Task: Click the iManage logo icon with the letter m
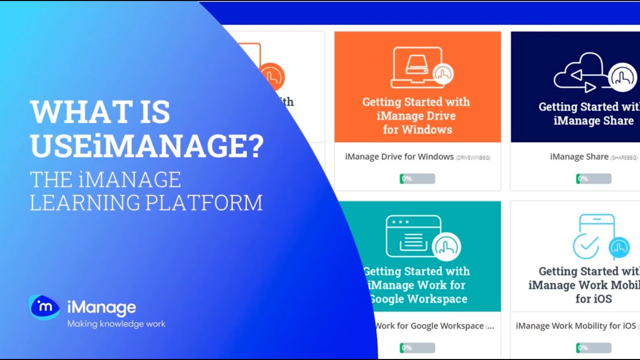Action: pyautogui.click(x=44, y=307)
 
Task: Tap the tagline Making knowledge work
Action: pyautogui.click(x=116, y=324)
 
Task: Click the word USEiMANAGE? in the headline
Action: pyautogui.click(x=146, y=145)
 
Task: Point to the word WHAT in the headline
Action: pyautogui.click(x=73, y=112)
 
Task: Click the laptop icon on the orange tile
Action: pyautogui.click(x=417, y=67)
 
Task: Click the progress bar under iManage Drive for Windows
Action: pyautogui.click(x=417, y=178)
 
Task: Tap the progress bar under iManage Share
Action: pyautogui.click(x=593, y=178)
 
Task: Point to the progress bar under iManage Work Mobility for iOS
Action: pyautogui.click(x=593, y=347)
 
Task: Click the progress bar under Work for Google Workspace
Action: pyautogui.click(x=417, y=347)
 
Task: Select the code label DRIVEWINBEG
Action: pyautogui.click(x=473, y=158)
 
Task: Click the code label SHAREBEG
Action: pyautogui.click(x=624, y=158)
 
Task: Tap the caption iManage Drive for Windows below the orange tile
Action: pyautogui.click(x=399, y=156)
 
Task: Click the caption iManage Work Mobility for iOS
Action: pyautogui.click(x=575, y=326)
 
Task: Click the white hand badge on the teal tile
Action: pyautogui.click(x=446, y=246)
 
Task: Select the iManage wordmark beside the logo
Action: pyautogui.click(x=101, y=307)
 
